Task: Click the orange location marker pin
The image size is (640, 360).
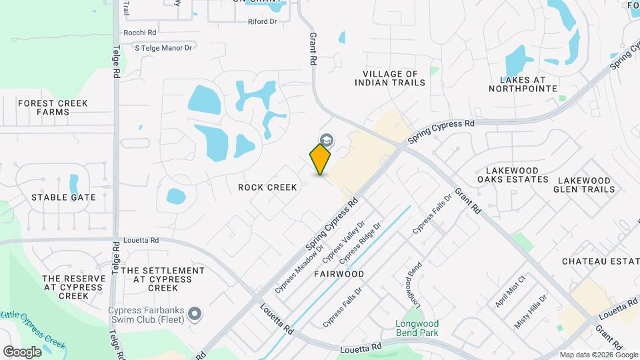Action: (321, 159)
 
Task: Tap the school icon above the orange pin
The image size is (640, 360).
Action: (327, 140)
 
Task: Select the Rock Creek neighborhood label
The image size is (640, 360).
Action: (267, 187)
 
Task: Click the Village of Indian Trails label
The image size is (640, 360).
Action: (390, 79)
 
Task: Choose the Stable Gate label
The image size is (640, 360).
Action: (64, 197)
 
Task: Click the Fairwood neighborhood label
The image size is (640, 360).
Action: (339, 274)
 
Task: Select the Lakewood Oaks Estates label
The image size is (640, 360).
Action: (513, 175)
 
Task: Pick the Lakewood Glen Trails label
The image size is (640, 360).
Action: (584, 185)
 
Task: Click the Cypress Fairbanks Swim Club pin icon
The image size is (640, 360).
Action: (195, 313)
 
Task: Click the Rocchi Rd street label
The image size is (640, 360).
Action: (139, 32)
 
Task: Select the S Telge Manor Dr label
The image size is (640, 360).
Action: (163, 47)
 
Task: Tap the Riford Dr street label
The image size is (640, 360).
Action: (262, 22)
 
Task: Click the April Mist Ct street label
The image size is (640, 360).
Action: (511, 291)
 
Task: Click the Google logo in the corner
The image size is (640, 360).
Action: (22, 351)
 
